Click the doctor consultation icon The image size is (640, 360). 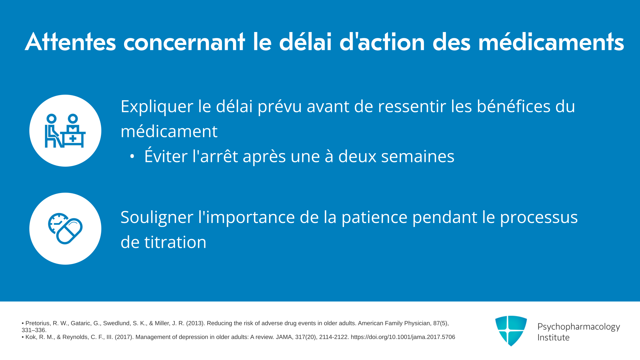[65, 131]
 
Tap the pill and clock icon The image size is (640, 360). [65, 229]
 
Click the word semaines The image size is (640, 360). [418, 156]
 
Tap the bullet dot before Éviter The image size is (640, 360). [132, 156]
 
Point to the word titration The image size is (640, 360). [175, 242]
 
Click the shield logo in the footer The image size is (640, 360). [511, 331]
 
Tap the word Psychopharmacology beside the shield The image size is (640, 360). [579, 327]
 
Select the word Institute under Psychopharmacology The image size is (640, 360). [553, 338]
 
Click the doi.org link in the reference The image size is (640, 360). [403, 337]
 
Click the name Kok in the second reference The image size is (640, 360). [31, 337]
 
